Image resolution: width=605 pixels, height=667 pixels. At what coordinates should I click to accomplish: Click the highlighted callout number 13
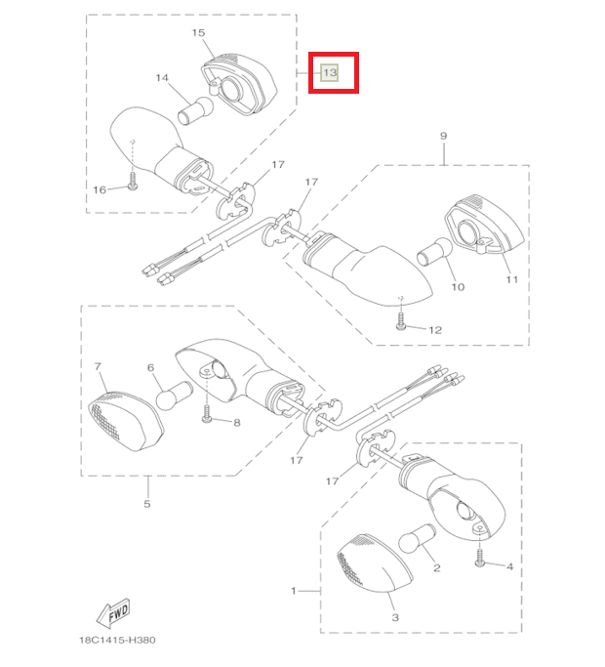(x=330, y=72)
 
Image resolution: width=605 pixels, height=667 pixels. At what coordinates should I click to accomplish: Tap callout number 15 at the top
(x=198, y=33)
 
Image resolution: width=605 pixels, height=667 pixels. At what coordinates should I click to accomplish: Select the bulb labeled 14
(x=195, y=110)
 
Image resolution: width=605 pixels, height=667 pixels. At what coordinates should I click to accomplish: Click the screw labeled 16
(x=133, y=182)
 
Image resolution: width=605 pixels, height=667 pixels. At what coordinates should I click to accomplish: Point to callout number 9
(x=443, y=136)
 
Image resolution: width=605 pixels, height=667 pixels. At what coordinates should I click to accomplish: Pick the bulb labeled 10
(x=434, y=252)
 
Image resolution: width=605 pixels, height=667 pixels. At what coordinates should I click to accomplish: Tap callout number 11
(x=511, y=279)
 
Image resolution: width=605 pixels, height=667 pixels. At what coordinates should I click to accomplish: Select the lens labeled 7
(x=126, y=422)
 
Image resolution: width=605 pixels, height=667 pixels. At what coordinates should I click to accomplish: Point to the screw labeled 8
(x=207, y=413)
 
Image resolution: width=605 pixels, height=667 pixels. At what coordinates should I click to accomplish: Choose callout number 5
(x=147, y=504)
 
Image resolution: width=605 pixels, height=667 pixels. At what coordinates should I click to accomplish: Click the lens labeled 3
(x=375, y=563)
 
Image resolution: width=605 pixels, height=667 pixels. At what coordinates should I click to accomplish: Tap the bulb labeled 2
(x=417, y=538)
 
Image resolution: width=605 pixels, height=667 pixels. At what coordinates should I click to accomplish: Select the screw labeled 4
(x=479, y=558)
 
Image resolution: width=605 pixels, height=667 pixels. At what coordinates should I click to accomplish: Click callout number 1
(x=294, y=591)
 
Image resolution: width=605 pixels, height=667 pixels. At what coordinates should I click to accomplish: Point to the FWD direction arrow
(x=113, y=613)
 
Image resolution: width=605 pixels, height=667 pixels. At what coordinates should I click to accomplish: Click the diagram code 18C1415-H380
(x=117, y=640)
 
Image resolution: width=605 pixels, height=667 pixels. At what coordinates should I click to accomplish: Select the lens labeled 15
(x=239, y=84)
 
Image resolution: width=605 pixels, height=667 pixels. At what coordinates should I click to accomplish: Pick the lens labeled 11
(x=484, y=225)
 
